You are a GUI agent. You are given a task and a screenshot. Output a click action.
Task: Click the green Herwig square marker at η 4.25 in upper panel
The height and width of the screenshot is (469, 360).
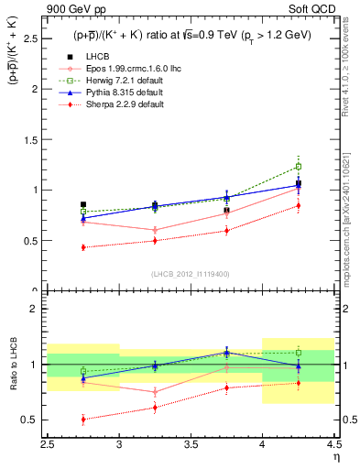click(298, 167)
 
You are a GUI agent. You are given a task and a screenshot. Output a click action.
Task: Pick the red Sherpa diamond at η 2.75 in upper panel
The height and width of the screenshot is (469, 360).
click(83, 247)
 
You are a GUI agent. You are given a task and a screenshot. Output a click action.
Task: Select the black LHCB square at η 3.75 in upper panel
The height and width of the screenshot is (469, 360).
click(226, 210)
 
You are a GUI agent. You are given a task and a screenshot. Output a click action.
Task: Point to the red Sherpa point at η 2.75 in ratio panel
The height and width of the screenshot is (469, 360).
click(83, 420)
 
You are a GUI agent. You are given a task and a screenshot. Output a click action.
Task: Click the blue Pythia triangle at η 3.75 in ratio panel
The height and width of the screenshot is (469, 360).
click(226, 353)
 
